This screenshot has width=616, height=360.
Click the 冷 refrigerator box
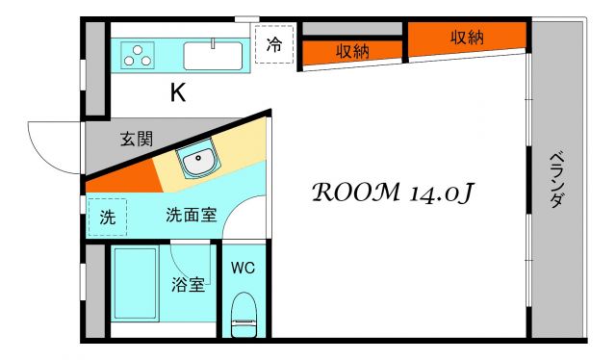point(274,44)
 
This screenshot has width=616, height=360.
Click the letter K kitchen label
point(178,93)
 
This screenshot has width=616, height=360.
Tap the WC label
point(243,268)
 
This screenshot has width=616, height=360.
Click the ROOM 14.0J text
point(390,192)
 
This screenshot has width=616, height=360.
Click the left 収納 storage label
point(352,52)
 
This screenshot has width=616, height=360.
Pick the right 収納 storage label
point(467,37)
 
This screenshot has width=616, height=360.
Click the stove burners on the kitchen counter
point(139,56)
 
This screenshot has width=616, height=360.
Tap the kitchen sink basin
point(215,56)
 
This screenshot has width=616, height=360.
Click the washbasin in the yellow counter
point(200,161)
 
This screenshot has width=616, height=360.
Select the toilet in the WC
point(244,315)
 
